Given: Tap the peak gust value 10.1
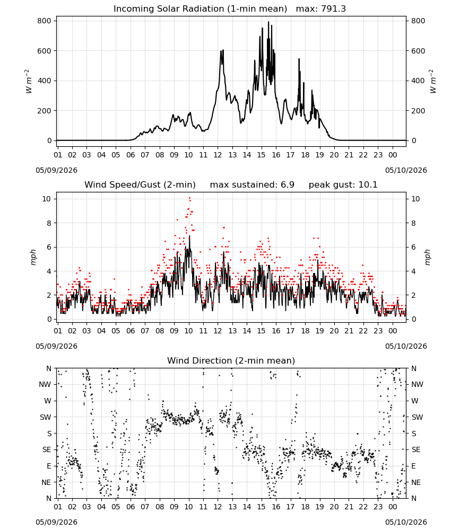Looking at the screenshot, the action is tap(367, 185).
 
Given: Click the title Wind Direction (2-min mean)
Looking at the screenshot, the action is tap(231, 361).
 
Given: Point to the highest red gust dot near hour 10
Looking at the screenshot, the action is tap(189, 198).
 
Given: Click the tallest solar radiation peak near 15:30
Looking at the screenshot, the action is tap(268, 22).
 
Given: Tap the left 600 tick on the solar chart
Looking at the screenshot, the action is tap(45, 51).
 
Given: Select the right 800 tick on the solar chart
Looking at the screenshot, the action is tap(418, 21).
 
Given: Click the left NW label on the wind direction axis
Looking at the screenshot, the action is tap(45, 385).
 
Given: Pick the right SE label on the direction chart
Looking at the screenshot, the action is tap(416, 450).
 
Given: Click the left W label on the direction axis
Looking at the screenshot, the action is tap(48, 401).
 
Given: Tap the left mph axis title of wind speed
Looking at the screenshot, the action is tap(33, 257).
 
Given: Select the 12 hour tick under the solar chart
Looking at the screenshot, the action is tap(218, 155).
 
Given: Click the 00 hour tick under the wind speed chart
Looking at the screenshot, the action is tap(393, 331).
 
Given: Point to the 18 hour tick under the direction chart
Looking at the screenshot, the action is tap(305, 507).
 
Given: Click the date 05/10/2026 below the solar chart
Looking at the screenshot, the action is tap(406, 170).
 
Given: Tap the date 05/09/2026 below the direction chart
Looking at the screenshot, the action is tap(56, 522).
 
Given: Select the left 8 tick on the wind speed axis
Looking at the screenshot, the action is tap(49, 224).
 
